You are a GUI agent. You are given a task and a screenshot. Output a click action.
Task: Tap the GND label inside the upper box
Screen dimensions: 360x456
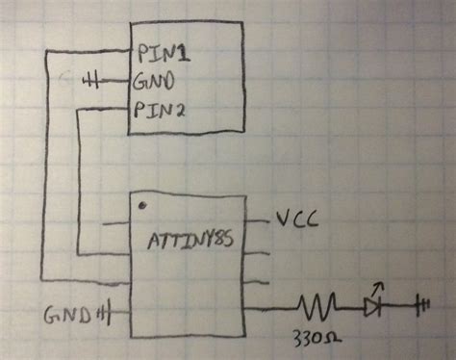click(x=157, y=80)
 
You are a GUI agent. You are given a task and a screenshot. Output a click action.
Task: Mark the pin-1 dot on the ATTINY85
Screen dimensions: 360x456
click(x=142, y=205)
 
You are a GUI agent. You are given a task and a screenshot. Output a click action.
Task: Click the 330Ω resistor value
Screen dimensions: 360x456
click(x=317, y=339)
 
